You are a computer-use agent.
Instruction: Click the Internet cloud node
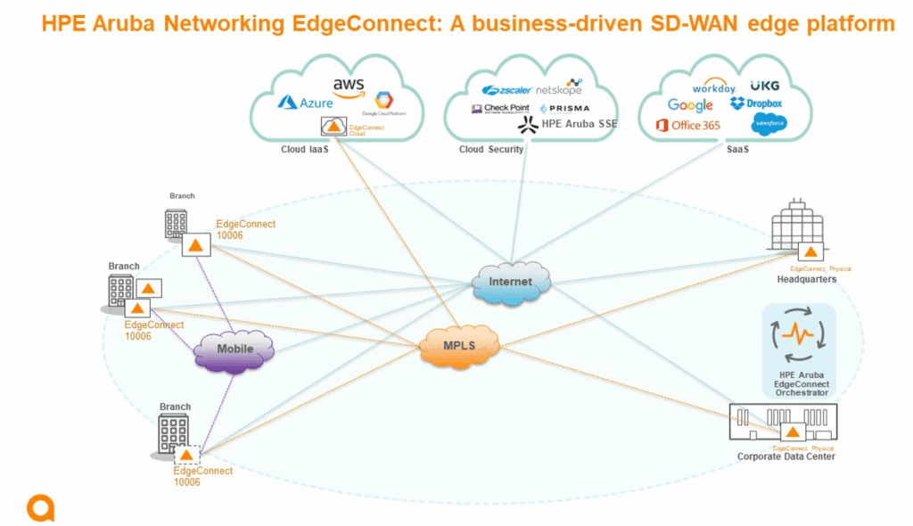click(510, 283)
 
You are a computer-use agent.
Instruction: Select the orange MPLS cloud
click(458, 345)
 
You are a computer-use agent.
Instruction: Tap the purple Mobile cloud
click(234, 349)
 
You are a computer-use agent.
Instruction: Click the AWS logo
click(349, 86)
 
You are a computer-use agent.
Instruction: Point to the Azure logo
click(306, 103)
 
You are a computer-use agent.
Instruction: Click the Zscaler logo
click(506, 90)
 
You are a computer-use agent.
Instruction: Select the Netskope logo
click(559, 88)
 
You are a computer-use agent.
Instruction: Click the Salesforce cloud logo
click(769, 125)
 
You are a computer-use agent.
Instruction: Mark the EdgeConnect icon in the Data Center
click(792, 431)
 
